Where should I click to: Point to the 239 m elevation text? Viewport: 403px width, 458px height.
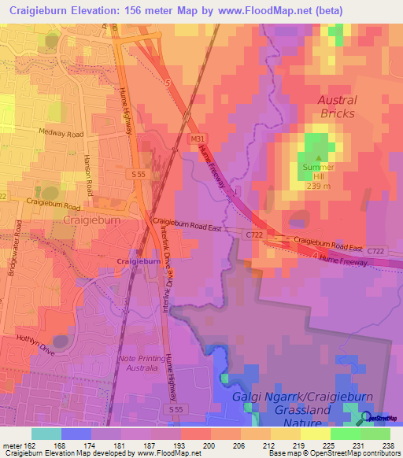point(317,187)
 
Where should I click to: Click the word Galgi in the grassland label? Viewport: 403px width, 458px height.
point(251,399)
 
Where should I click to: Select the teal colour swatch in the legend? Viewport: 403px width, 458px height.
point(46,434)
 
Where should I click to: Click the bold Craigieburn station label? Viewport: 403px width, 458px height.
point(139,261)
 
